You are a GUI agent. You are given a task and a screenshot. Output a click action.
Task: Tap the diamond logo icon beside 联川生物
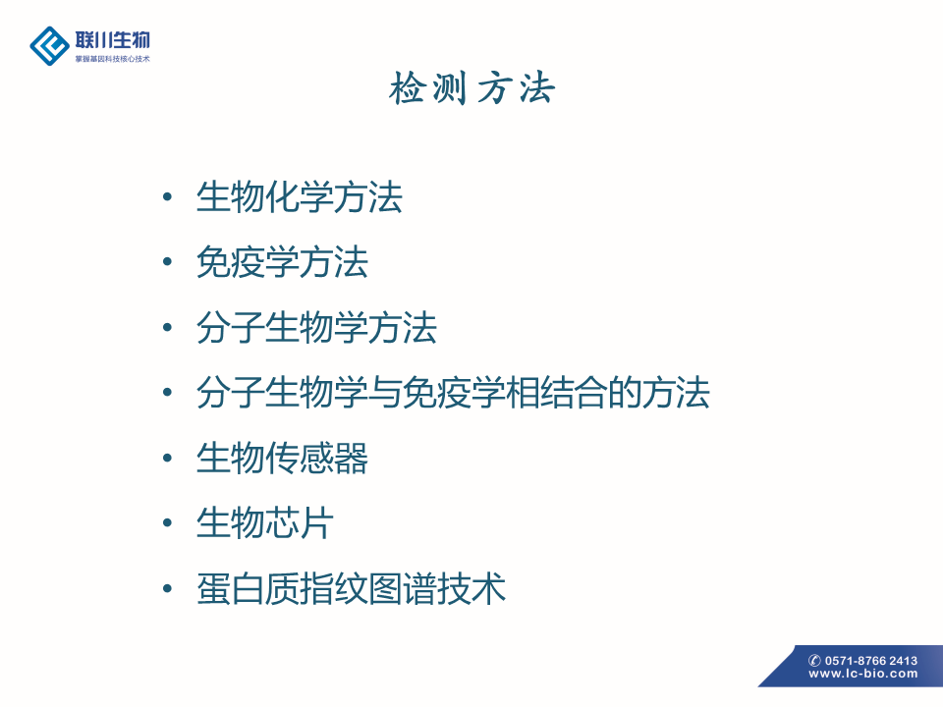(49, 46)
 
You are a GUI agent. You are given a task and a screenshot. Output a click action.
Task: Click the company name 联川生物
(112, 40)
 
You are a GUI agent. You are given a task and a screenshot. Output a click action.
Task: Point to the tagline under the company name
(112, 59)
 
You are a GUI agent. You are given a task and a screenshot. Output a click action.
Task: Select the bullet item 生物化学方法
(300, 197)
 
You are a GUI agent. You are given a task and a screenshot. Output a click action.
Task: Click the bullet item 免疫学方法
(282, 262)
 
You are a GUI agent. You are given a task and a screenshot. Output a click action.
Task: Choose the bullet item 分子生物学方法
(316, 328)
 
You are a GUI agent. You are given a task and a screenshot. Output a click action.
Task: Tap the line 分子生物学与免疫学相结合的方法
(454, 393)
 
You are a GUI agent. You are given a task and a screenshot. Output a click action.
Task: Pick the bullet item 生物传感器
(282, 459)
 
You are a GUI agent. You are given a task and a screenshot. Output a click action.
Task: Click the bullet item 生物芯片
(265, 523)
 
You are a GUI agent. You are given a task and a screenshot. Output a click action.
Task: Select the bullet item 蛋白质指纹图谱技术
(352, 588)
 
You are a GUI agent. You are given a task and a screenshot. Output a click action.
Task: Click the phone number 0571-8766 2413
(871, 660)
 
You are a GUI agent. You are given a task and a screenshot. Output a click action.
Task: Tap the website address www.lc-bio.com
(863, 674)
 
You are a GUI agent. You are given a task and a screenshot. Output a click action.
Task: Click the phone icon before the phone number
(815, 660)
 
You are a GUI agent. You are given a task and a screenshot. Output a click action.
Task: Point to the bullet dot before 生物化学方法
(168, 196)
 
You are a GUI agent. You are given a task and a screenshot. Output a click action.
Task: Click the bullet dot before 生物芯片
(168, 523)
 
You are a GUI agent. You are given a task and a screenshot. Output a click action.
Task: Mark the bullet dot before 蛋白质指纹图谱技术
(168, 588)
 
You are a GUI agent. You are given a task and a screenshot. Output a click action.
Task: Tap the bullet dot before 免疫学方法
(168, 262)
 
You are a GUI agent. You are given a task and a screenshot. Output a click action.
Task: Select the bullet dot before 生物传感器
(168, 459)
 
